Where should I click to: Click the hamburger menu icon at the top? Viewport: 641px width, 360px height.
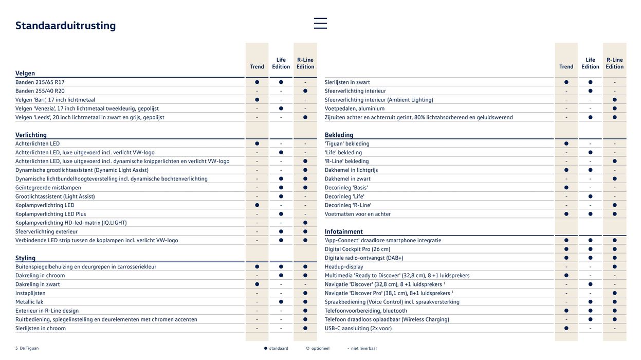(x=320, y=23)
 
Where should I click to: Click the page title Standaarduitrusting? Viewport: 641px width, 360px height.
(x=65, y=26)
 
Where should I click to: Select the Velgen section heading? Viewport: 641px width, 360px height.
(x=25, y=73)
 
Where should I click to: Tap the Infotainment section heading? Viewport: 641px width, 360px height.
(x=343, y=231)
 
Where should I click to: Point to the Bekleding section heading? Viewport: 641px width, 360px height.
(x=339, y=135)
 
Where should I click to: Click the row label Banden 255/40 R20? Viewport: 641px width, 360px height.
(x=40, y=91)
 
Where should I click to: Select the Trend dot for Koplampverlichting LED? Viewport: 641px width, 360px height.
(x=257, y=205)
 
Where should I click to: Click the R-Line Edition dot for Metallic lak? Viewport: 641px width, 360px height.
(x=305, y=302)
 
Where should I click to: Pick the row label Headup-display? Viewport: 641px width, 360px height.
(x=344, y=266)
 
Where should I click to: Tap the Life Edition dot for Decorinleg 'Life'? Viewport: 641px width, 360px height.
(x=590, y=196)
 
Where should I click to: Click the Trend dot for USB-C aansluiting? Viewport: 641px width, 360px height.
(x=566, y=328)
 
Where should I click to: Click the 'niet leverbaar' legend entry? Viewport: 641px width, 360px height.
(x=363, y=348)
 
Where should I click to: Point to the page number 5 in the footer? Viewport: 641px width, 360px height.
(x=16, y=348)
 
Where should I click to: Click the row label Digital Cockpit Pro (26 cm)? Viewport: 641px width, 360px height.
(x=357, y=249)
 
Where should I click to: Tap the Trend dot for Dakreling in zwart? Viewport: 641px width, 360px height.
(x=257, y=284)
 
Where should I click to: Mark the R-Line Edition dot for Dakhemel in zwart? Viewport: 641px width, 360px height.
(x=614, y=179)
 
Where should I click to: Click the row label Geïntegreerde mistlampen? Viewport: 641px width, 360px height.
(x=48, y=188)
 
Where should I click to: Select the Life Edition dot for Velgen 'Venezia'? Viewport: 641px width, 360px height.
(x=281, y=109)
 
